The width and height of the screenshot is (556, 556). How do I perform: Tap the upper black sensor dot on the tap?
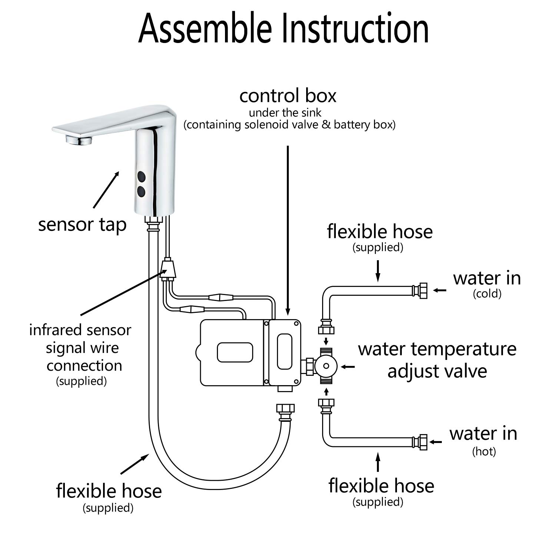point(141,176)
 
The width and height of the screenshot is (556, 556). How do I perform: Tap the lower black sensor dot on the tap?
point(141,191)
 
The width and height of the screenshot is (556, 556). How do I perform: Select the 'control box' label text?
point(288,96)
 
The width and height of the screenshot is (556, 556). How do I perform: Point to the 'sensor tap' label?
point(82,225)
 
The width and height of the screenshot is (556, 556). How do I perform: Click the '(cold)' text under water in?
point(487,294)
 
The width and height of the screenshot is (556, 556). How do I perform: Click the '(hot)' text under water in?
point(484,451)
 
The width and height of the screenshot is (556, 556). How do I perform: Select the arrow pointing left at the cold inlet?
point(440,290)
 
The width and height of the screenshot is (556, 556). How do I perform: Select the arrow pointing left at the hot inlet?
point(436,442)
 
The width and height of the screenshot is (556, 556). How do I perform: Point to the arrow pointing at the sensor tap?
point(106,189)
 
